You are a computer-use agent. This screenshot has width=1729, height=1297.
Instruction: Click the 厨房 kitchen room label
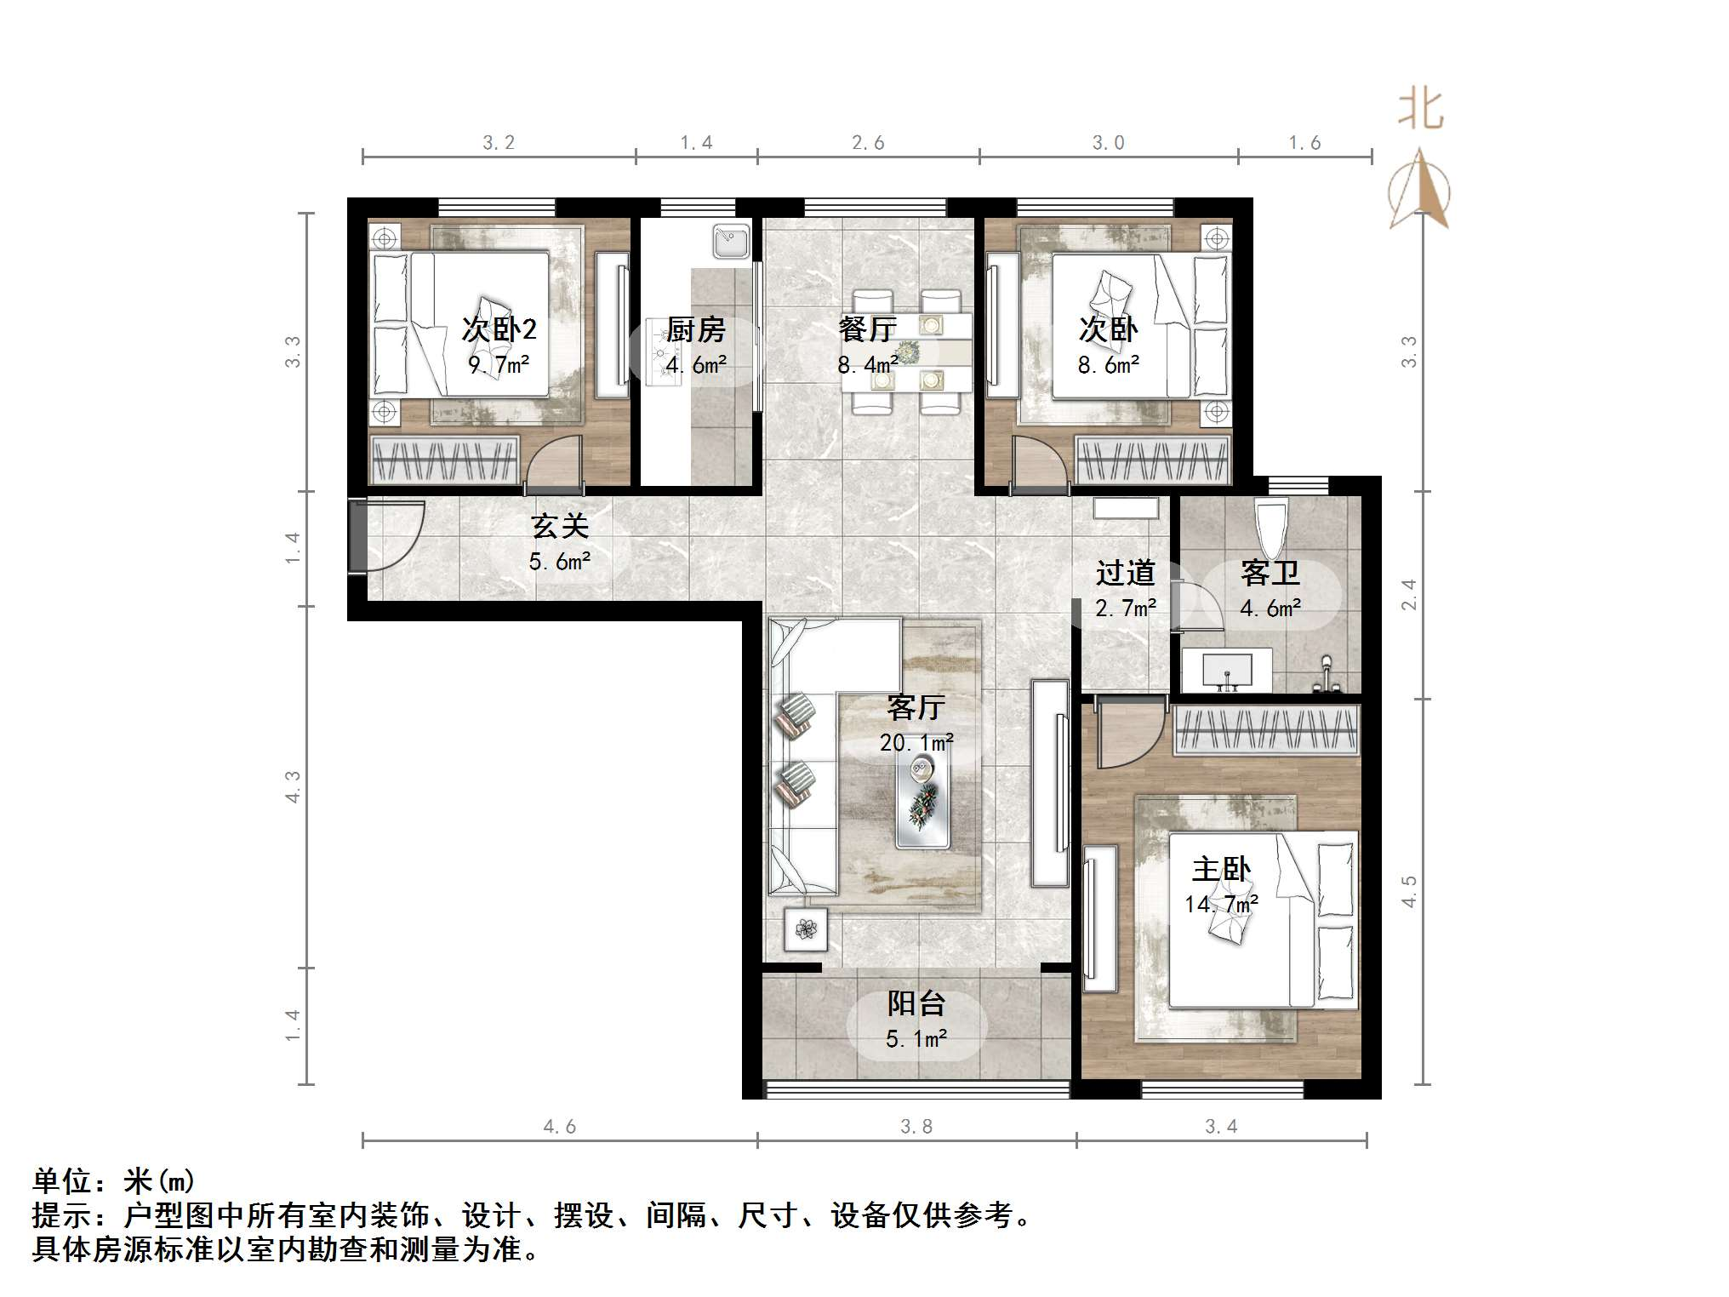click(695, 329)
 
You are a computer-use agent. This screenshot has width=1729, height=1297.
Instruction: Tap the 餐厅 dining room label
click(867, 329)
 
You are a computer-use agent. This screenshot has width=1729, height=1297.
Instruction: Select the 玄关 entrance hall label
click(560, 526)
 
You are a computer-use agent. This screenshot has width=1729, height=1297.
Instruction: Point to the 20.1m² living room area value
click(916, 742)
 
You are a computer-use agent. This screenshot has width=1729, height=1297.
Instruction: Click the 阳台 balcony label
click(916, 1003)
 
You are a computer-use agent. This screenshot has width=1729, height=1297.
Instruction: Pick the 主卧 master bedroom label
click(1220, 869)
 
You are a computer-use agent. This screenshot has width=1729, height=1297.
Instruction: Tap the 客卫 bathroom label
click(1270, 573)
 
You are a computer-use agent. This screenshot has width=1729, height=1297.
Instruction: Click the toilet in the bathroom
click(1271, 522)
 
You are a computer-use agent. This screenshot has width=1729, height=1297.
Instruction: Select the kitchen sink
click(731, 241)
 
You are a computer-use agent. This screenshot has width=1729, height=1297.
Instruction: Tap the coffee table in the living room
click(922, 803)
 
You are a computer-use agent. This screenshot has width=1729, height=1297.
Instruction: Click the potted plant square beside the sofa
click(805, 928)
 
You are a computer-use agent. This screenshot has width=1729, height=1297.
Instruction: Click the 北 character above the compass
click(1420, 111)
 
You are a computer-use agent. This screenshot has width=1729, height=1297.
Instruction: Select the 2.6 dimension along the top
click(868, 143)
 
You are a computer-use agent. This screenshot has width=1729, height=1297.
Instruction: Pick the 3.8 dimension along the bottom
click(916, 1127)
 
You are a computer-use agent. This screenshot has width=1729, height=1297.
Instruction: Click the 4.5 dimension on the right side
click(1409, 891)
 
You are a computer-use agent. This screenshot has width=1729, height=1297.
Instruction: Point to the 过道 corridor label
click(1125, 573)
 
